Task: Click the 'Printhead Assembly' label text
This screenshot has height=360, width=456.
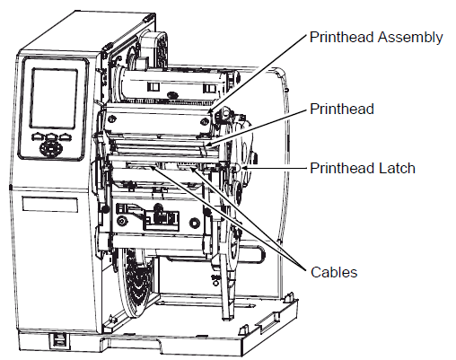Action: [375, 37]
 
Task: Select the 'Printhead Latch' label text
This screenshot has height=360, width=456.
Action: [362, 168]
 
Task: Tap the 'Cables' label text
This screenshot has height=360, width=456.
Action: [333, 271]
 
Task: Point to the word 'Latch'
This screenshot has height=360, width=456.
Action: [398, 168]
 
